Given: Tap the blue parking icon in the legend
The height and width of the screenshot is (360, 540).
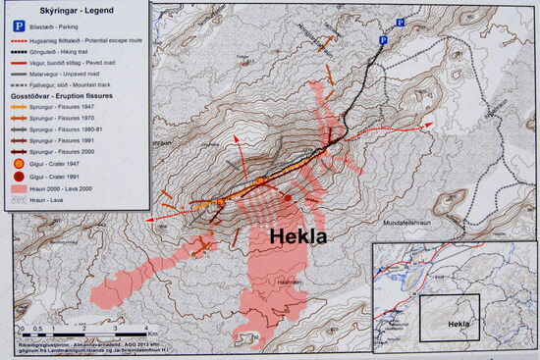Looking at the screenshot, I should (x=18, y=20).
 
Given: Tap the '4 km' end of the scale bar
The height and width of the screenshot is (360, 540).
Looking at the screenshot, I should (x=146, y=327).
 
